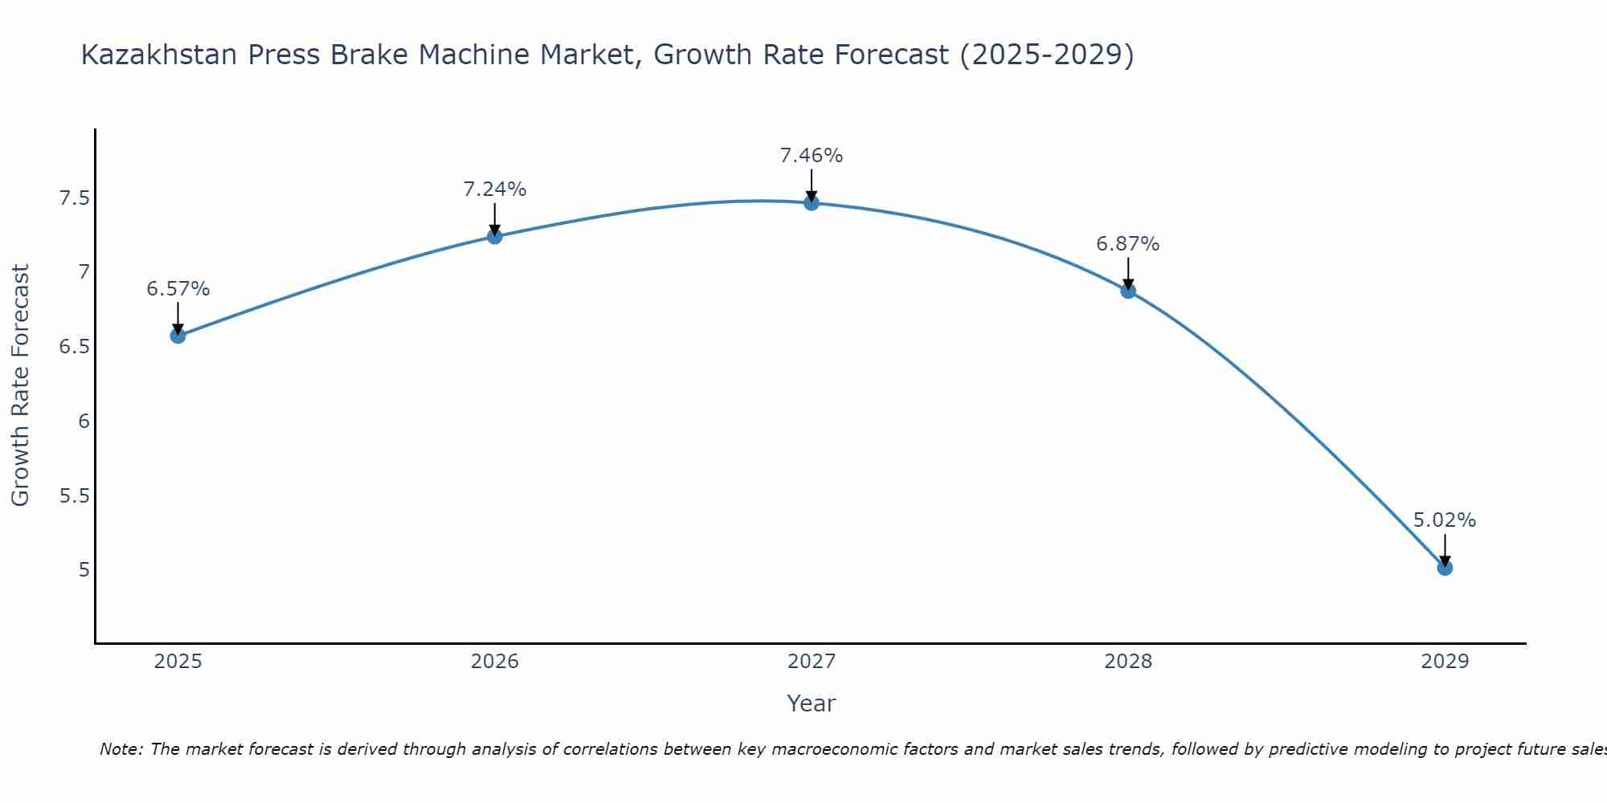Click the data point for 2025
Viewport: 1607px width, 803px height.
click(x=178, y=336)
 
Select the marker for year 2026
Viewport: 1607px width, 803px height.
click(x=495, y=236)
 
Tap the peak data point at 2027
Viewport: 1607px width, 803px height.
click(x=812, y=203)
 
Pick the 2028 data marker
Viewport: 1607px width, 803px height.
click(x=1128, y=291)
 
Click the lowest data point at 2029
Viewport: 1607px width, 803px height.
click(x=1445, y=568)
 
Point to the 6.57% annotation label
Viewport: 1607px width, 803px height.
click(x=178, y=289)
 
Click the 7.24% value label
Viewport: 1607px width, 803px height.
click(x=495, y=190)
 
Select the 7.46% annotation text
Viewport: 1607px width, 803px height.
click(x=812, y=156)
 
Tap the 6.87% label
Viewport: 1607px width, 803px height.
click(x=1128, y=244)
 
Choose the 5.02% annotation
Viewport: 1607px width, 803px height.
click(x=1445, y=520)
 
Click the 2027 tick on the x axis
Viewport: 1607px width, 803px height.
click(x=812, y=662)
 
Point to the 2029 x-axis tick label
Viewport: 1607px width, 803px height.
click(x=1445, y=662)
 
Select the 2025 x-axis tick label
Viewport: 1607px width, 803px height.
click(x=178, y=662)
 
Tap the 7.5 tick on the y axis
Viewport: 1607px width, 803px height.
click(x=74, y=198)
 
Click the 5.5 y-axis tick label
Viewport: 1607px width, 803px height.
click(x=74, y=496)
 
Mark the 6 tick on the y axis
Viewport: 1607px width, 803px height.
click(x=84, y=422)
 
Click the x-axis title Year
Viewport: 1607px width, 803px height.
click(x=812, y=703)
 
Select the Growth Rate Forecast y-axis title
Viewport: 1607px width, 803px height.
click(x=21, y=385)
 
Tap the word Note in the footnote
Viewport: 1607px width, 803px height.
click(x=121, y=749)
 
